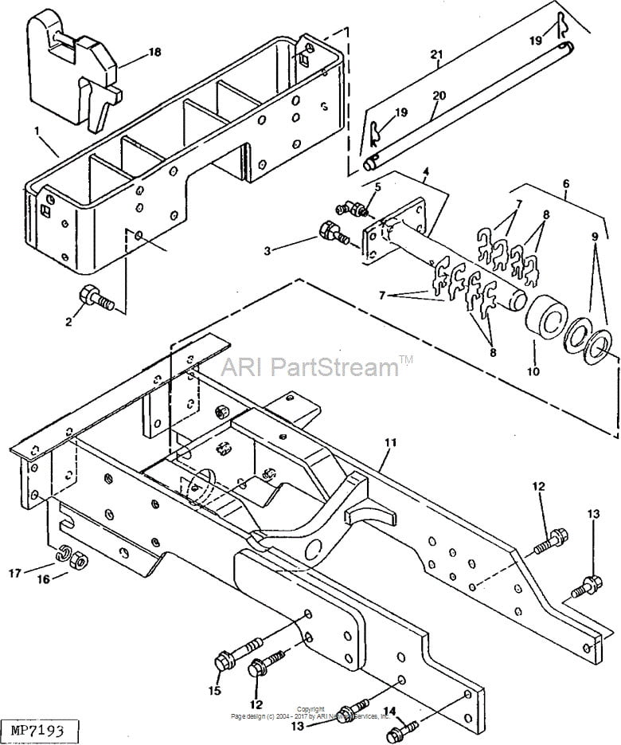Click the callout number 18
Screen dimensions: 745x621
click(154, 52)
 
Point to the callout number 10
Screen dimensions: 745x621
click(531, 371)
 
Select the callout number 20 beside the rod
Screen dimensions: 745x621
click(439, 96)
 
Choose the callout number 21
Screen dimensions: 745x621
click(434, 54)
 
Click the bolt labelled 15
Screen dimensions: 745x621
click(231, 663)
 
